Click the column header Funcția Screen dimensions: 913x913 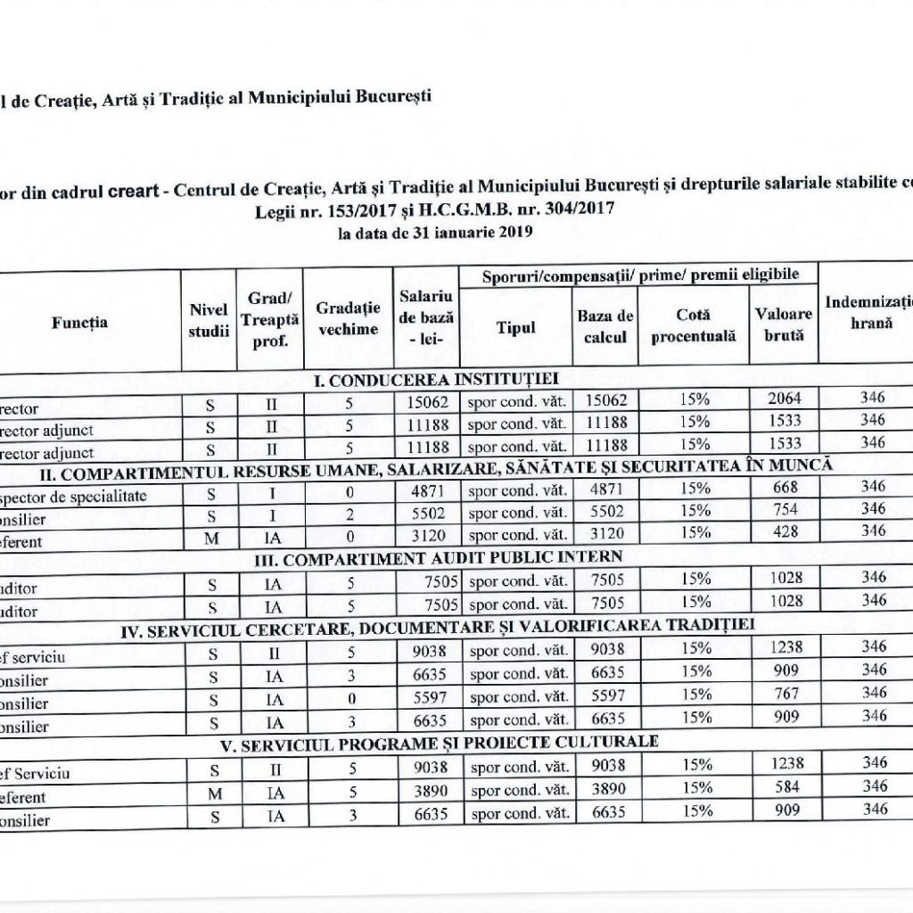tap(79, 323)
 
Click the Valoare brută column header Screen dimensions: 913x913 tap(783, 325)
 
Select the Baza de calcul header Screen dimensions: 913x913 tap(605, 327)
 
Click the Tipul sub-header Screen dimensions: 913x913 tap(515, 327)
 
